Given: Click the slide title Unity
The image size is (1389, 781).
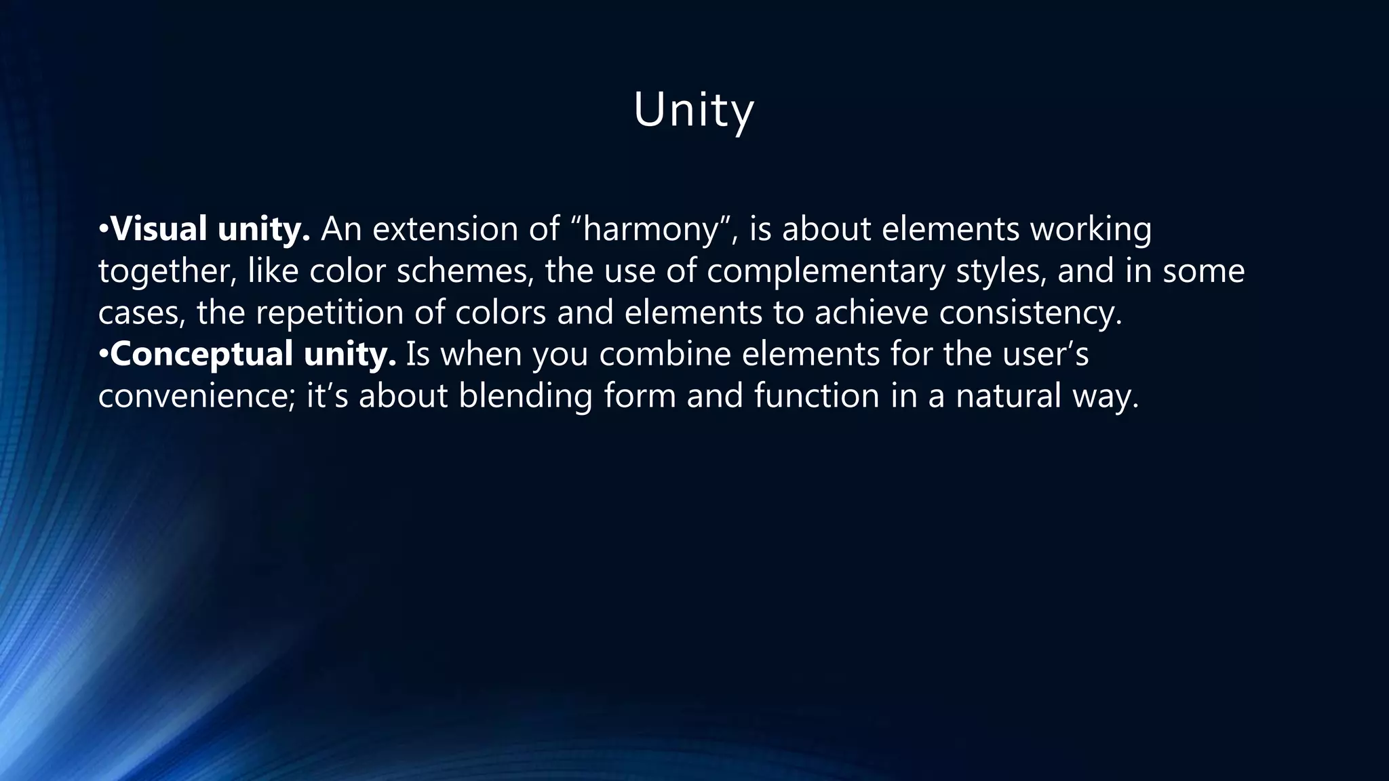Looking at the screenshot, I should [x=693, y=110].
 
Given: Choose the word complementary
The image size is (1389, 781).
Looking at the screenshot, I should [x=825, y=271].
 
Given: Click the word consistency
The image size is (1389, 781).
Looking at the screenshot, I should [x=1031, y=313].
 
